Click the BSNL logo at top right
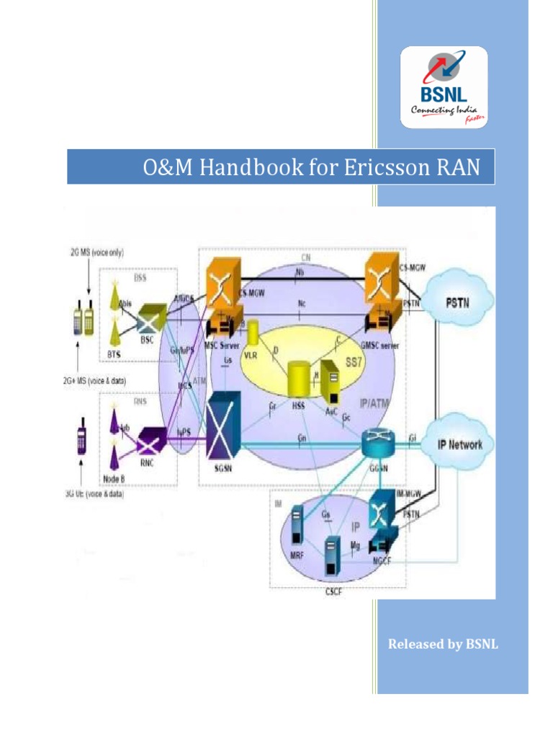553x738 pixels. pos(444,86)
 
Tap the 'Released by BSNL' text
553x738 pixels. pos(443,644)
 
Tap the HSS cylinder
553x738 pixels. pos(299,378)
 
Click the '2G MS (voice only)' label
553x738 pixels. pos(85,254)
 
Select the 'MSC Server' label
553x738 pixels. pos(220,344)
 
